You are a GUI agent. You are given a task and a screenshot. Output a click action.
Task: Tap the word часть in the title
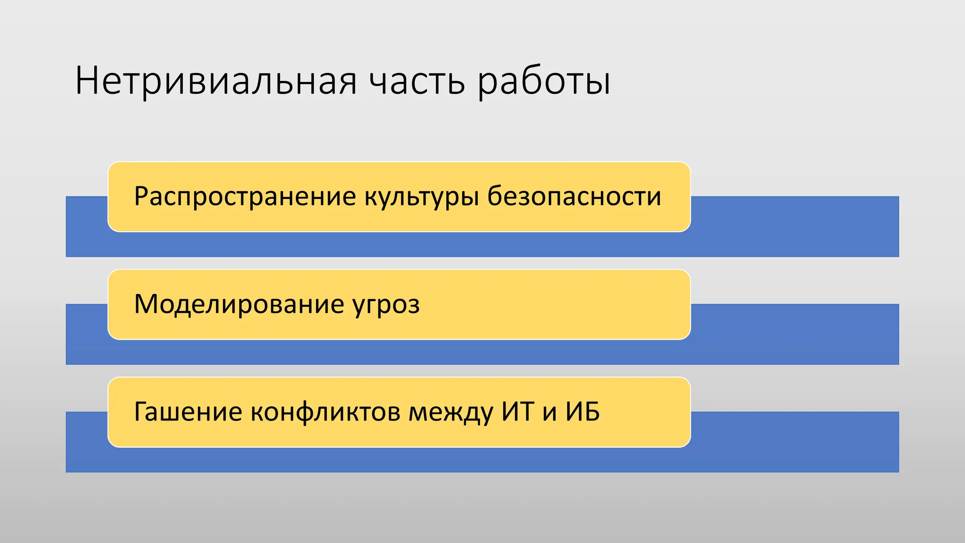pos(417,81)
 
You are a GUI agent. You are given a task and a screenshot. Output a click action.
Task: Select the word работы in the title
pos(544,81)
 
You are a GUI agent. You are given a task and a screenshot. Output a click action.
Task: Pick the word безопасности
pos(574,197)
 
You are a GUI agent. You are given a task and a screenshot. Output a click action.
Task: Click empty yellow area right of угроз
pos(556,304)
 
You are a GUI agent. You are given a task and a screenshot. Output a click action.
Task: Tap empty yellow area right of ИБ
pos(646,412)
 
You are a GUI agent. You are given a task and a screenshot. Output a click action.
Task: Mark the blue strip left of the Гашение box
pos(87,442)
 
